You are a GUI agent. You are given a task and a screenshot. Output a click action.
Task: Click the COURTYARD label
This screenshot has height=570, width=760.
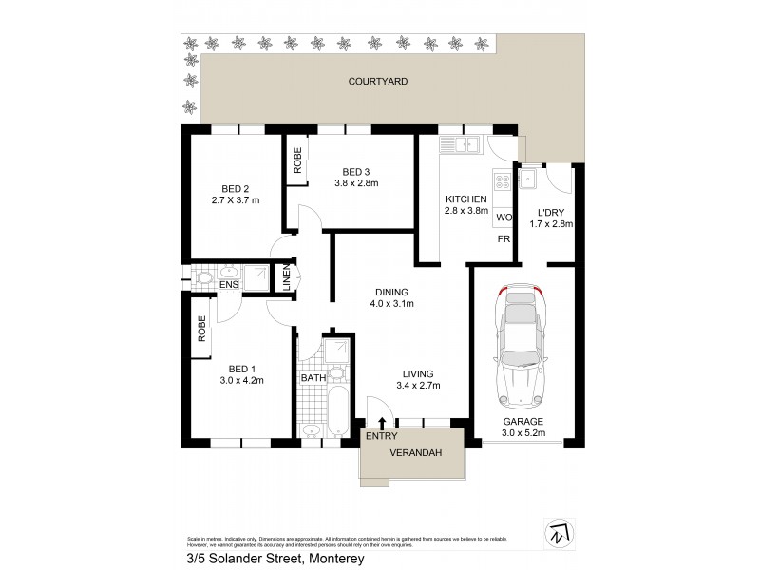pos(377,83)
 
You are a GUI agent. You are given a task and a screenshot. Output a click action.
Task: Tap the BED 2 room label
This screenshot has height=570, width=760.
pos(240,187)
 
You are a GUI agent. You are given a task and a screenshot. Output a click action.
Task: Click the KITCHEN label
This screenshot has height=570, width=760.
pos(466,199)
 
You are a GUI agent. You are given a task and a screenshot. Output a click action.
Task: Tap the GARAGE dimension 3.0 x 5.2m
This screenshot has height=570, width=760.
pos(523,434)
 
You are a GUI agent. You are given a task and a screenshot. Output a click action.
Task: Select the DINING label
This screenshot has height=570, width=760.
pos(391,292)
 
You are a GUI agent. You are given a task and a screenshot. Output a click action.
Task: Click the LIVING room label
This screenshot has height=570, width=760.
pos(417,373)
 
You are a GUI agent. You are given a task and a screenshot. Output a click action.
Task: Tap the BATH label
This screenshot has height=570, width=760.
pos(313,378)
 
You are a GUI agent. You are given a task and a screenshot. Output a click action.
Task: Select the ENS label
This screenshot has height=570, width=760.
pos(228,284)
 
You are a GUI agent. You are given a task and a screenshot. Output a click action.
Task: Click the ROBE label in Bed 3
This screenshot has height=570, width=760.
pos(297,159)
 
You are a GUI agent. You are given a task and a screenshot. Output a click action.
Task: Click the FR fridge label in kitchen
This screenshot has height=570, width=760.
pos(503,238)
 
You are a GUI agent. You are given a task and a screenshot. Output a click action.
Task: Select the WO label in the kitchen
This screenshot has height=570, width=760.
pos(503,218)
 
